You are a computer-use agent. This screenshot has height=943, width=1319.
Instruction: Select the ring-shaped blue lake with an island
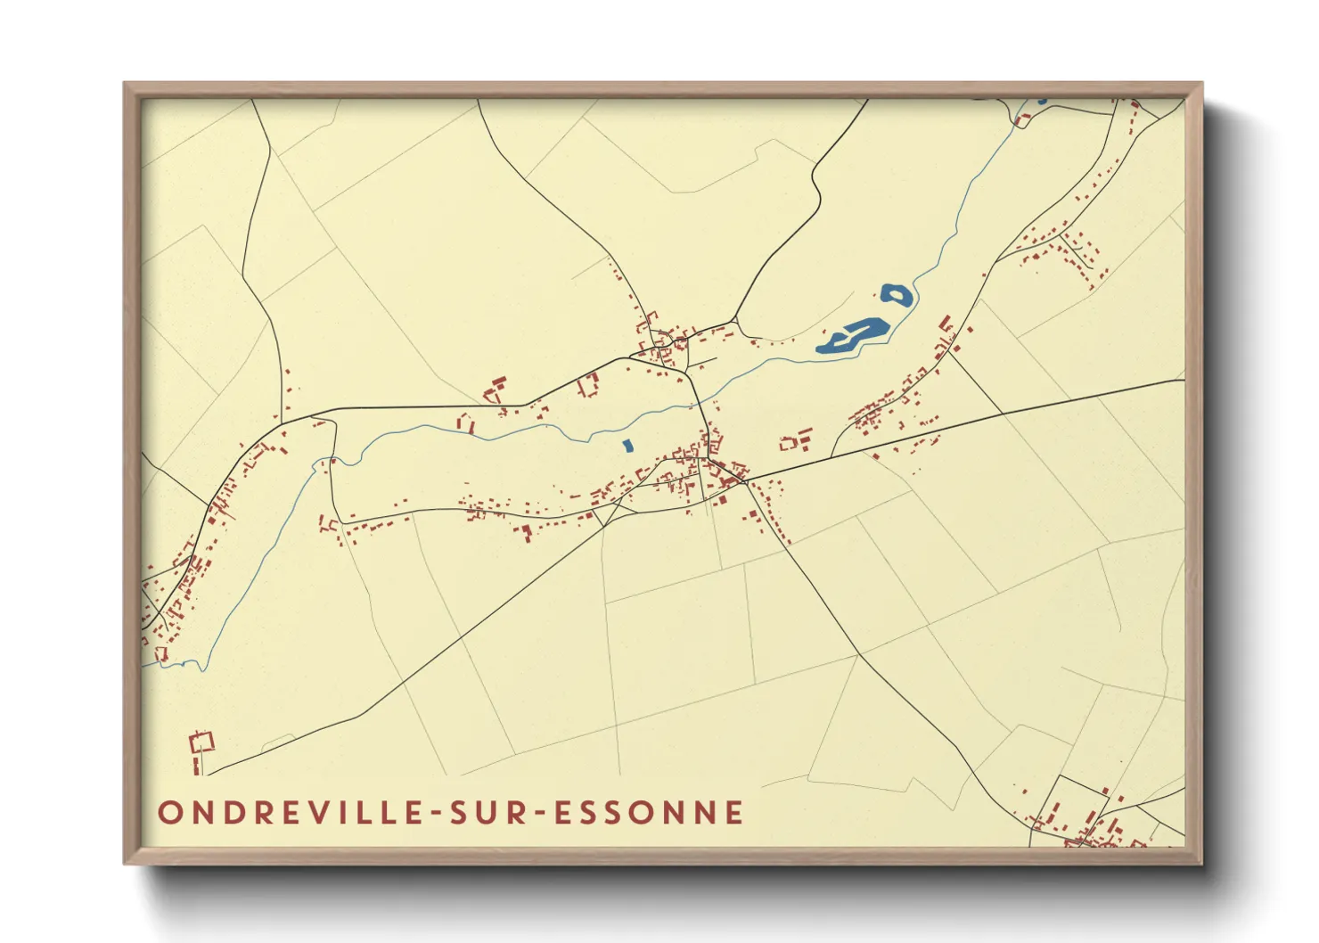897,295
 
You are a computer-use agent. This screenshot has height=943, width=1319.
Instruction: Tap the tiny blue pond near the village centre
627,445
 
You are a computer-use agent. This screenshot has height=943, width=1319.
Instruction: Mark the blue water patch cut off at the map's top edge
1042,101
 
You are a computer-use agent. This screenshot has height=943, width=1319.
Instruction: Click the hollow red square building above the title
203,741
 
